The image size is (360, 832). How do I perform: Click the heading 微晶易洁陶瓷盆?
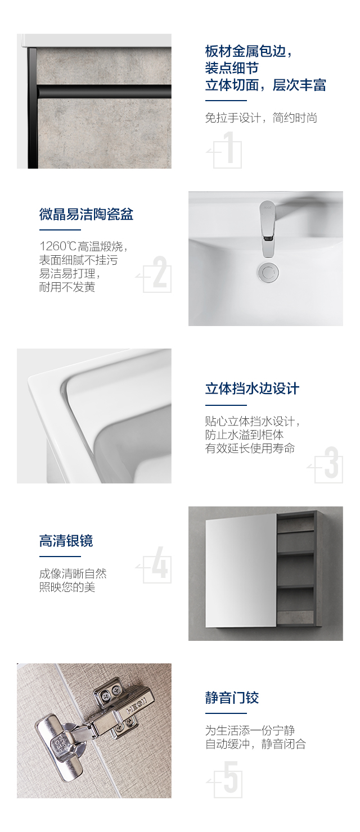86,214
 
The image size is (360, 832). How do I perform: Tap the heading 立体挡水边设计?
252,388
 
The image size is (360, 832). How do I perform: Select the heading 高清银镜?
66,541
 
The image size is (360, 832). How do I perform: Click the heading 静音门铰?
232,698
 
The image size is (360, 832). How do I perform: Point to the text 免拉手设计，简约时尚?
261,117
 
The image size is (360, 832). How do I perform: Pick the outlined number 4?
160,562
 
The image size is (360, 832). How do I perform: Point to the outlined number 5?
230,777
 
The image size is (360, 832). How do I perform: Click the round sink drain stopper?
267,272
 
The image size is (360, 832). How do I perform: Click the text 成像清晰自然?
73,573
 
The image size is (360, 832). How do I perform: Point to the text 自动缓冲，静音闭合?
255,744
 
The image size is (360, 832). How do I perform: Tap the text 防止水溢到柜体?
245,435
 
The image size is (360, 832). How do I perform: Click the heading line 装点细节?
232,68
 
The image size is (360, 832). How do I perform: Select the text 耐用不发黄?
67,287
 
